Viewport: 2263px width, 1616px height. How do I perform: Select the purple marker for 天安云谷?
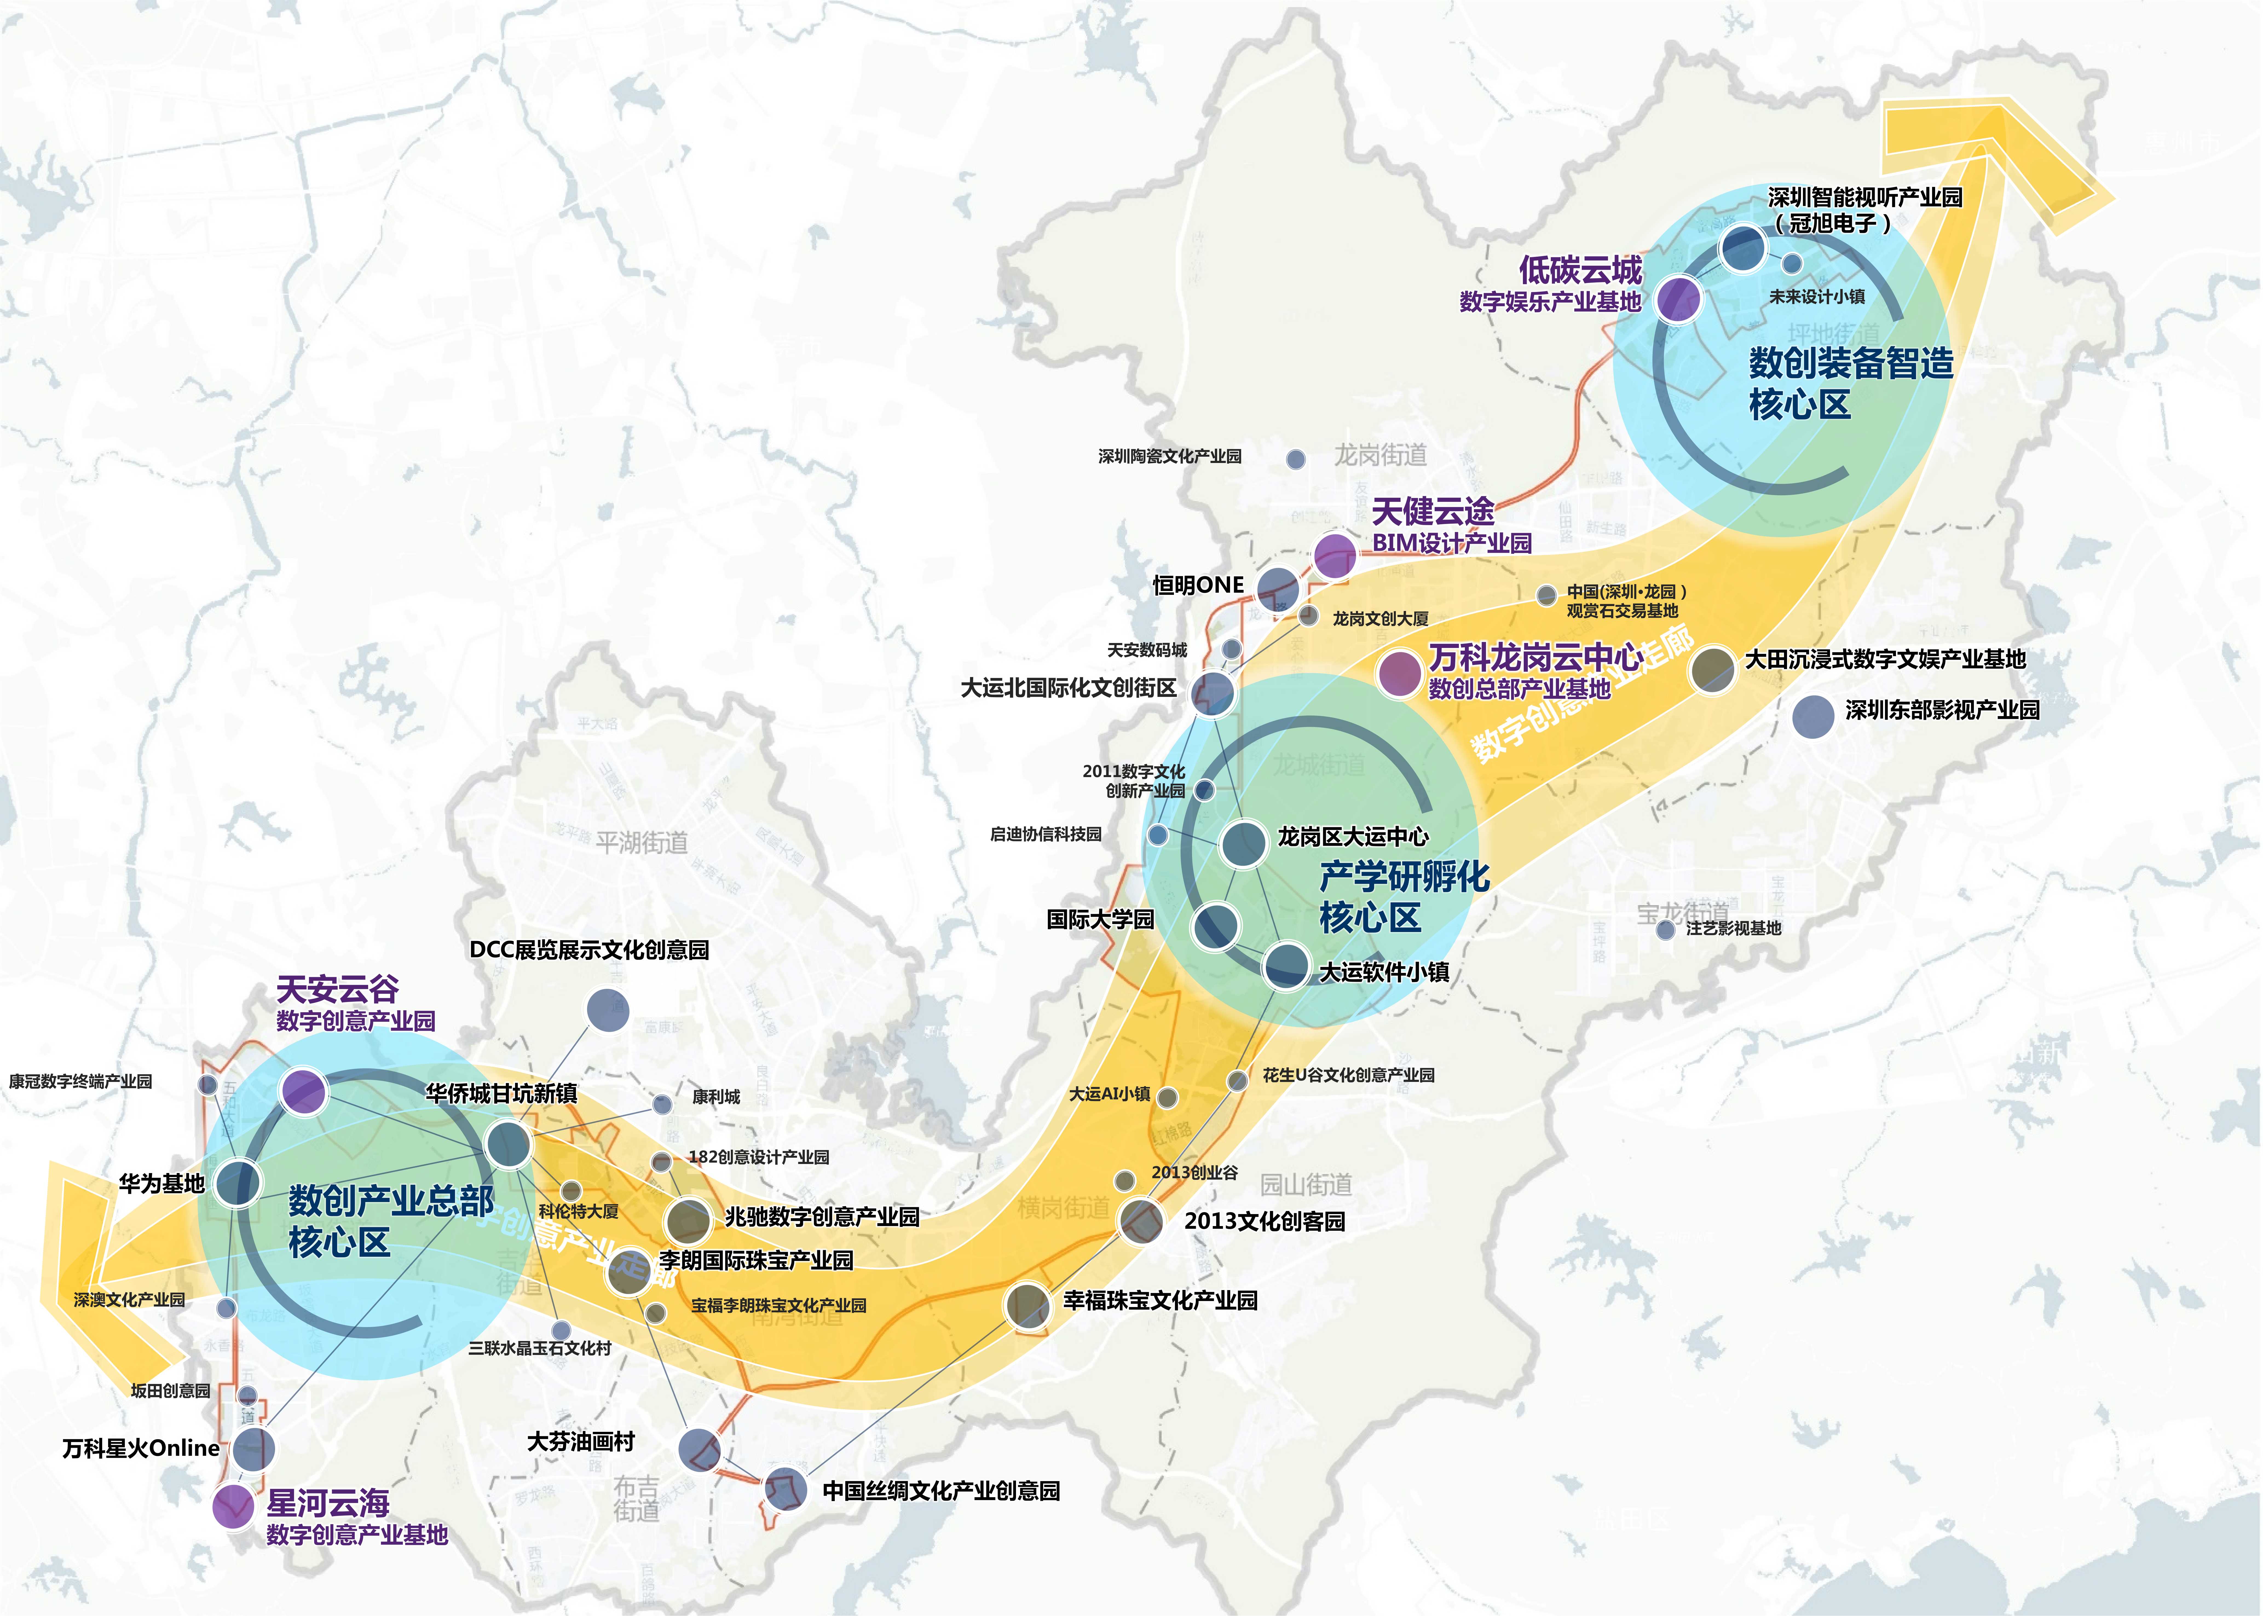pos(304,1091)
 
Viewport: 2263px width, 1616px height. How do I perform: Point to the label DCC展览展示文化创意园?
pos(589,949)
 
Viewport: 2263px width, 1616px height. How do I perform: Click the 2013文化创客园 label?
pos(1264,1221)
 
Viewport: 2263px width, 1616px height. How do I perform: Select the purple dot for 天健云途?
pos(1335,555)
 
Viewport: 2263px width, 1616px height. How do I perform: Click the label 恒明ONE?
pos(1198,585)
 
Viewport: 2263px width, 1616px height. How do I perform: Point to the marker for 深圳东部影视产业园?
pos(1813,716)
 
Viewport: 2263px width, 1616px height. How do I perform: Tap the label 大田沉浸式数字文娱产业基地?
pos(1885,659)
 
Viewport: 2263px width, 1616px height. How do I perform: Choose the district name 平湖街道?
pos(642,843)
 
